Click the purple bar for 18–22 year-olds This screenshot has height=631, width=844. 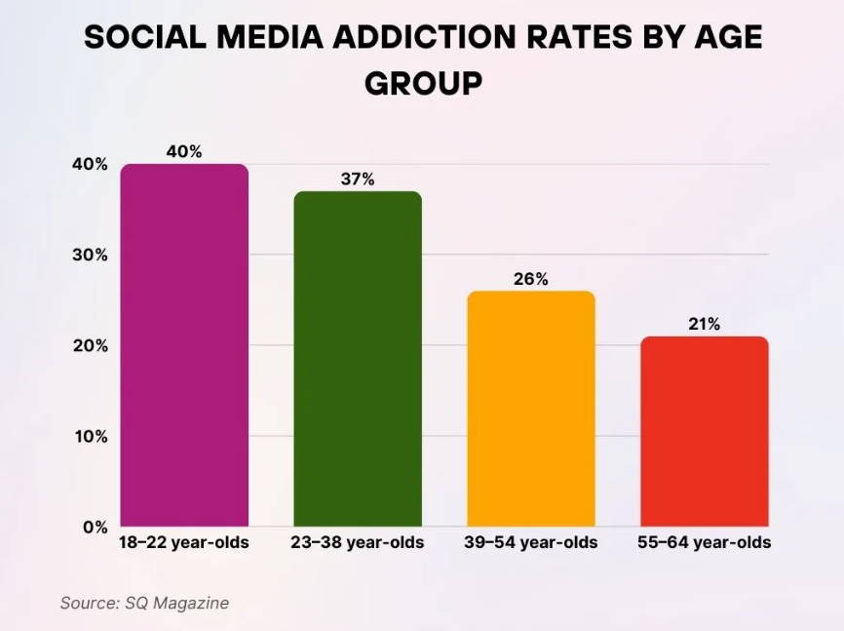[x=184, y=345]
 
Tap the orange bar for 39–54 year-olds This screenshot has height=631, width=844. [x=531, y=409]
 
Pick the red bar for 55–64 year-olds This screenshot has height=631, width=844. [x=704, y=431]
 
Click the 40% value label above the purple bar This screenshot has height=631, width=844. [x=184, y=151]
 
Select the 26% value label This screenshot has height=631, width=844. [x=531, y=279]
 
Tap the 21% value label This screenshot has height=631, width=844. [x=704, y=324]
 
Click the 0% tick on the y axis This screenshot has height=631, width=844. [x=95, y=527]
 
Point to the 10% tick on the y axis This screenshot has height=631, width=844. [x=90, y=436]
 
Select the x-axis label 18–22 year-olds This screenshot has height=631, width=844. [x=184, y=542]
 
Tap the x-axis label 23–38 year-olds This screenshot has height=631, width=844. [x=358, y=542]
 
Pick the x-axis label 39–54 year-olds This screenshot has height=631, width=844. [x=531, y=542]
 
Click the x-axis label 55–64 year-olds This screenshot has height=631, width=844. [x=704, y=542]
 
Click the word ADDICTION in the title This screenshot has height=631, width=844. [x=423, y=36]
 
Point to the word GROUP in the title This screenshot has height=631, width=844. [x=423, y=83]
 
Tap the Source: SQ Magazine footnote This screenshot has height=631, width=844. [x=144, y=603]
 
